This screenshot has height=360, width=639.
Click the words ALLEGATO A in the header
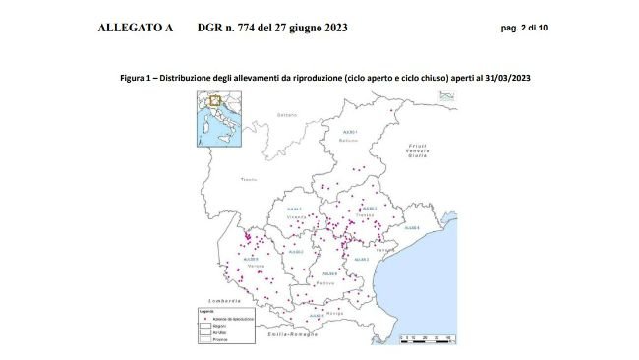pos(136,28)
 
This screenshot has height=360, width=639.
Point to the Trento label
pos(249,180)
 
